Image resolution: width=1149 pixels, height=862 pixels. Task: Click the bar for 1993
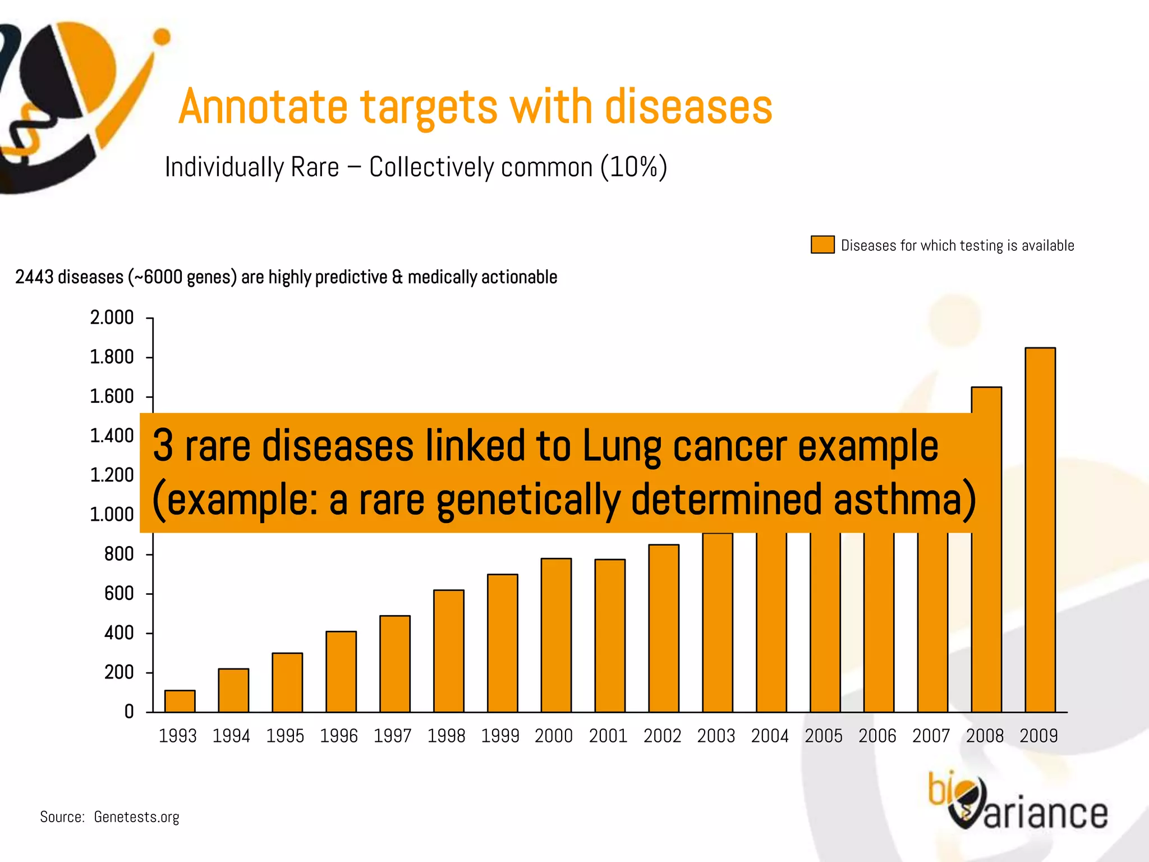(180, 701)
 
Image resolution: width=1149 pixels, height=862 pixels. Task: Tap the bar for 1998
(448, 651)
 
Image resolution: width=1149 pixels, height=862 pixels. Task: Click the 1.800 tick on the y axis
(112, 357)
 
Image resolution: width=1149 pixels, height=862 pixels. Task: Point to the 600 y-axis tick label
(119, 594)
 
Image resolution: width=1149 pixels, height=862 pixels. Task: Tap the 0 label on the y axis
(129, 712)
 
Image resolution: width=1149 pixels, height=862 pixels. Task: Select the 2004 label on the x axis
(770, 736)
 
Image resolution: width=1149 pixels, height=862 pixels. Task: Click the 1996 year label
(339, 736)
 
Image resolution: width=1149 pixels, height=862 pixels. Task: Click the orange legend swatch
(822, 245)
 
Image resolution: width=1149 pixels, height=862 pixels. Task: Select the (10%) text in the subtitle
(633, 167)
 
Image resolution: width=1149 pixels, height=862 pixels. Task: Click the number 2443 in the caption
(34, 277)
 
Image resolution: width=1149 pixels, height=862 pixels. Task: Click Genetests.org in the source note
(136, 817)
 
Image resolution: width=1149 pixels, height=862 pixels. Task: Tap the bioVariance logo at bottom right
(1017, 803)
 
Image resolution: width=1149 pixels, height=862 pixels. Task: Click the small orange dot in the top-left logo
(162, 37)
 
